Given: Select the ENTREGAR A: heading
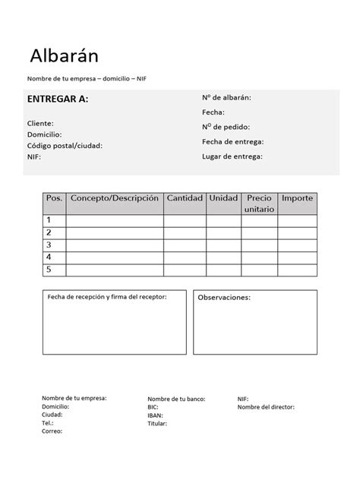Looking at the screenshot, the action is click(57, 99).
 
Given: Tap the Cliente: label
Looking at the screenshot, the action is click(40, 122).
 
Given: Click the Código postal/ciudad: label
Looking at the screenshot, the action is click(64, 145).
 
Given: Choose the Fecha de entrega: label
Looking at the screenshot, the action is click(232, 141).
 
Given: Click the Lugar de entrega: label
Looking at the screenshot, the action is click(232, 156).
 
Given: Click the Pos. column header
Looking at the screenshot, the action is click(54, 198).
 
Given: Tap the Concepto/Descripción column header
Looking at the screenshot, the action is click(115, 198).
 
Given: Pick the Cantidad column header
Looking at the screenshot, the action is click(185, 198).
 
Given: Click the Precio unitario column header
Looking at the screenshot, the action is click(259, 203).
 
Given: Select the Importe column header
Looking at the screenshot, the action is click(297, 198).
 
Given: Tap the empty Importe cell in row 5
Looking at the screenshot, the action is click(297, 270).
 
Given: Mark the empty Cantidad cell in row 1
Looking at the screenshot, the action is click(185, 220).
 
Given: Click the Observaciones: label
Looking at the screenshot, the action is click(224, 297).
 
